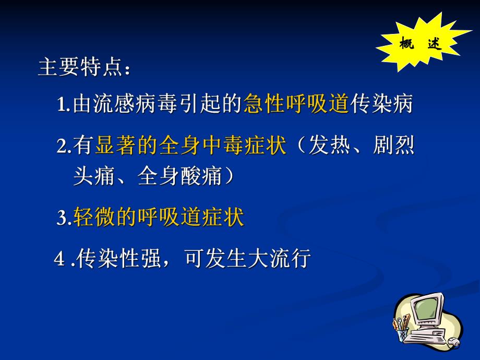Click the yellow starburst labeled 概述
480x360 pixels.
(420, 43)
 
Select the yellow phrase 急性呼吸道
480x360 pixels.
(296, 103)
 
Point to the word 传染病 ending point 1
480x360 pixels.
(381, 103)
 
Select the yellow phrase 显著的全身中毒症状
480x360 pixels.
(190, 146)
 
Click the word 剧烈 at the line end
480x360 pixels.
(394, 146)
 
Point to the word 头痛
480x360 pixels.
(94, 177)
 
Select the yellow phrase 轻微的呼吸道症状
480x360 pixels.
(159, 217)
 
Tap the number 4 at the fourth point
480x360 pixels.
(60, 258)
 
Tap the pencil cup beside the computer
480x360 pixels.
(401, 330)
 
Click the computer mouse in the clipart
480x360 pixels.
(454, 343)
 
